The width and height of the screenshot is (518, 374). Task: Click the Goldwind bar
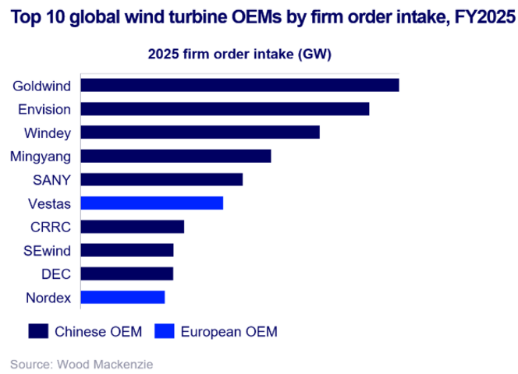point(239,85)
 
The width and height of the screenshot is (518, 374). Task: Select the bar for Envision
point(225,109)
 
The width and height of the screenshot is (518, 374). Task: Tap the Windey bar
point(200,132)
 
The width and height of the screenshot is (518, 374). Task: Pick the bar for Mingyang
point(176,156)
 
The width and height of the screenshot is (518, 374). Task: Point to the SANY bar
point(161,179)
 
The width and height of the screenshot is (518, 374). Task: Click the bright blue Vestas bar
point(152,203)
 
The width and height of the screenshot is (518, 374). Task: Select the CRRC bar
point(133,227)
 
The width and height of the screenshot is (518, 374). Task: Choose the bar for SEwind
point(127,250)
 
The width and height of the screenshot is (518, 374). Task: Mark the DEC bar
point(127,273)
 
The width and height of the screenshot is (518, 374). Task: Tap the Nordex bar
point(123,297)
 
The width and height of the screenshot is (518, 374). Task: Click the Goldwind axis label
point(42,85)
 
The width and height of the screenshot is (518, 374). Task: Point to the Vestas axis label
point(48,203)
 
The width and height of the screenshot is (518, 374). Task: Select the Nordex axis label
point(48,297)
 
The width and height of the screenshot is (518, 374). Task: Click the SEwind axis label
point(48,250)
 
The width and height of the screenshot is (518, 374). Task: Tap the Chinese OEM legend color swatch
point(39,331)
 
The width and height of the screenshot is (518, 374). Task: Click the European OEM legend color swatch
point(166,331)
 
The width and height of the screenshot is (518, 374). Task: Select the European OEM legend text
point(229,331)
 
